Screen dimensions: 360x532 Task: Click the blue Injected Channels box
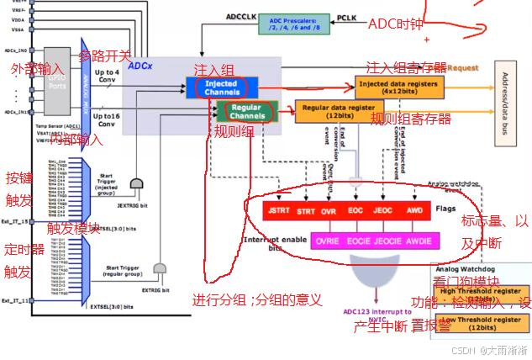(219, 87)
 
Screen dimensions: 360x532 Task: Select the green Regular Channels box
(246, 112)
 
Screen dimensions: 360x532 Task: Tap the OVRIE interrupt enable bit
(328, 240)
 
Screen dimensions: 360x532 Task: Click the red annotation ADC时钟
(396, 24)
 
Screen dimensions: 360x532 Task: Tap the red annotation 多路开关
(105, 56)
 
